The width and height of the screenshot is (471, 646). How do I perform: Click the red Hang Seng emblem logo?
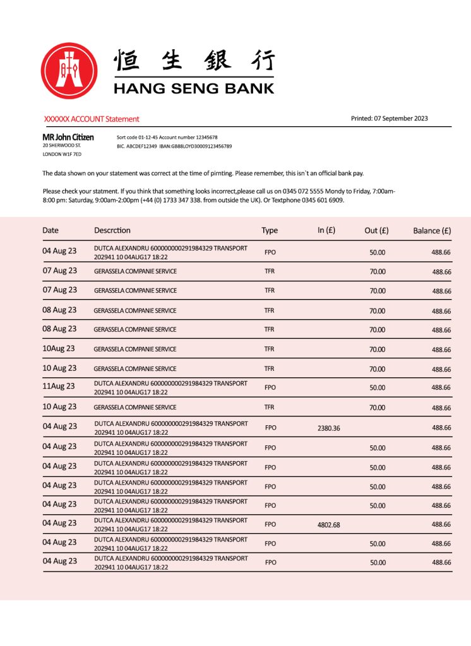click(69, 71)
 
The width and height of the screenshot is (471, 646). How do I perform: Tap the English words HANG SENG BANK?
click(194, 88)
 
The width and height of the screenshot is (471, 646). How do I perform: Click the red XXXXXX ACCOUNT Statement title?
click(92, 119)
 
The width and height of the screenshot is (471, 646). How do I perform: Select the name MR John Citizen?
click(68, 137)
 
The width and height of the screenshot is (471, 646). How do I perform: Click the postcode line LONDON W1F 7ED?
click(62, 154)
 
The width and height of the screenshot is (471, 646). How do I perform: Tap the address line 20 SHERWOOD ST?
click(61, 146)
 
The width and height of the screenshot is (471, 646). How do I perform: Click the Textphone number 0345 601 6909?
click(321, 200)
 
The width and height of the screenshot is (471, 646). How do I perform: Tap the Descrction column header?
click(112, 230)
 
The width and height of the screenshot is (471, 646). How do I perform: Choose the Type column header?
click(270, 230)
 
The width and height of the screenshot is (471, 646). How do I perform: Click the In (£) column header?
click(326, 230)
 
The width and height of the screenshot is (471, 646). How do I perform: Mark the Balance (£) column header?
click(432, 230)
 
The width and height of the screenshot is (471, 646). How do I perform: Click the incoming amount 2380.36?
click(328, 428)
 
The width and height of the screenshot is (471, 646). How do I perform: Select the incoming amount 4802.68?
click(328, 525)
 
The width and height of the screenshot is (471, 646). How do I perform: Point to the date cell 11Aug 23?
click(59, 386)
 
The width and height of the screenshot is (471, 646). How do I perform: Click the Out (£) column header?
click(376, 230)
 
